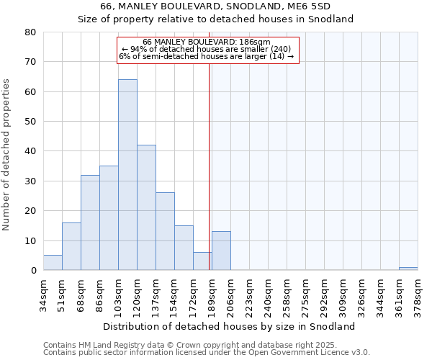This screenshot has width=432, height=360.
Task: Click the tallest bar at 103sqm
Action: pos(127,175)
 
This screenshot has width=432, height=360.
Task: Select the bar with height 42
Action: pos(146,207)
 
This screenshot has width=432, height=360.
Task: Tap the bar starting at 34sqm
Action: pos(53,263)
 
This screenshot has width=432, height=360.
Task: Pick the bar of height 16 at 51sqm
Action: pos(71,246)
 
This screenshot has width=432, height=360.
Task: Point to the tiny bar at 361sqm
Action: pos(408,269)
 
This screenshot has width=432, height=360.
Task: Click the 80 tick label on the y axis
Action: pos(30,32)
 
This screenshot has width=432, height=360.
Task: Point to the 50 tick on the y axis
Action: pos(30,122)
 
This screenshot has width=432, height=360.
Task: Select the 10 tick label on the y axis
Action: pos(30,240)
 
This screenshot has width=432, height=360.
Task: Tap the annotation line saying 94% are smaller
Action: pos(207,49)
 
